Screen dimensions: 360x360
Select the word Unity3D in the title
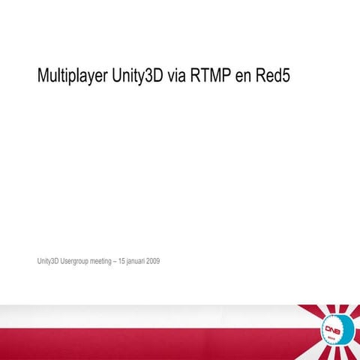[x=140, y=76]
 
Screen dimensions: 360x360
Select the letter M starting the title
[x=43, y=76]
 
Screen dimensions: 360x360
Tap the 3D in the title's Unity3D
[x=154, y=76]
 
